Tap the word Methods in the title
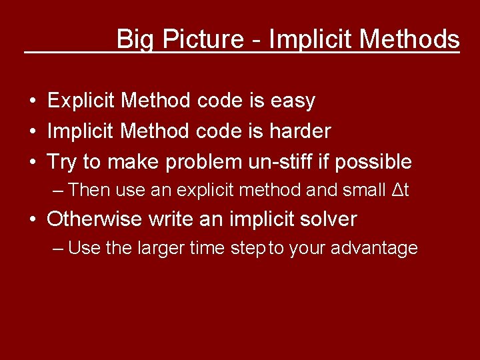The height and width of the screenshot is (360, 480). coord(409,39)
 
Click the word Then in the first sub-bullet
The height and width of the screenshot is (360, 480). coord(89,190)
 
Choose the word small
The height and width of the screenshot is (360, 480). coord(365,190)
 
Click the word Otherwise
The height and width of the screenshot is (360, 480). coord(95,219)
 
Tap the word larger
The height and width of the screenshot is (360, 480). coord(161,249)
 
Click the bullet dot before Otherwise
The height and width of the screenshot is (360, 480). coord(33,219)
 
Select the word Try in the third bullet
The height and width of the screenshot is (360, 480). coord(62,162)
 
